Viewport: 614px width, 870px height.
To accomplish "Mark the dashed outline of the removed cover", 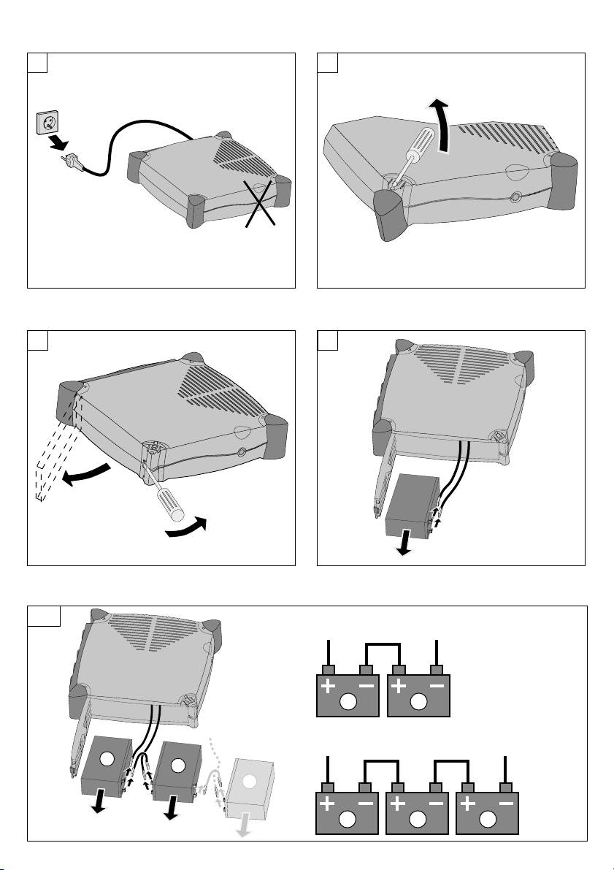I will click(51, 453).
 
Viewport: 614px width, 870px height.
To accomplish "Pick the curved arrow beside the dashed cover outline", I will click(86, 474).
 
